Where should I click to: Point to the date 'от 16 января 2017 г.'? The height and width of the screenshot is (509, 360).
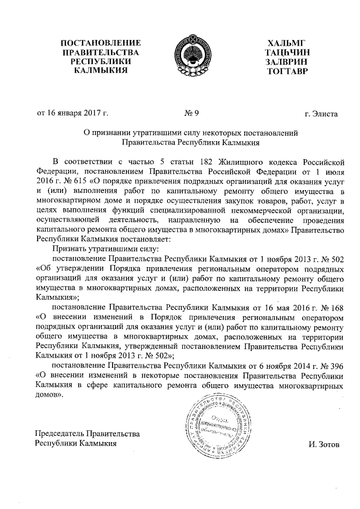73,114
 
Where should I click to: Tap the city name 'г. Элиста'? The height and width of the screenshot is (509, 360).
321,114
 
